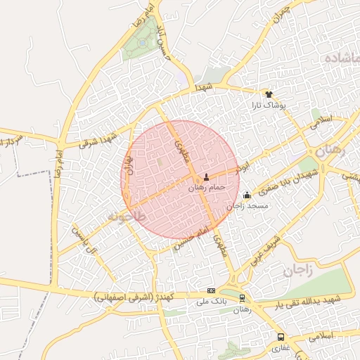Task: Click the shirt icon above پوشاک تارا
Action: coord(268,94)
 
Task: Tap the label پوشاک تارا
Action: coord(267,105)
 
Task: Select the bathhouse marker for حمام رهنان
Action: coord(206,177)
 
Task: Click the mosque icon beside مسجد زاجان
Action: coord(246,196)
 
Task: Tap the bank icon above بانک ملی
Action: coord(212,290)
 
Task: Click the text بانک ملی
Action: coord(211,302)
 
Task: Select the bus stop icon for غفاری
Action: coord(281,337)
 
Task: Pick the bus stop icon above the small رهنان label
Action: coord(243,298)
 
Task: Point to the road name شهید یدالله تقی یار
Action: coord(307,301)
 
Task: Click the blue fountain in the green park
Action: coord(143,43)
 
